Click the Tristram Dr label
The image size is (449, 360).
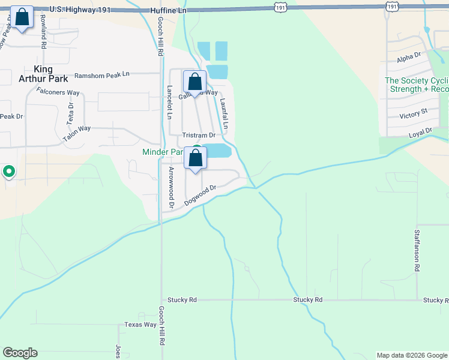tap(199, 136)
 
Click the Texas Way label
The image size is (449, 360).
tap(140, 325)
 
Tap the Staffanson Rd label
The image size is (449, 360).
tap(415, 251)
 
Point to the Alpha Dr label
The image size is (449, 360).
tap(409, 58)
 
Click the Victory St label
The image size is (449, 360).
tap(413, 112)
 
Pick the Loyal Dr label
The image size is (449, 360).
tap(420, 131)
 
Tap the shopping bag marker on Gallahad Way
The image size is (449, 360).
tap(194, 82)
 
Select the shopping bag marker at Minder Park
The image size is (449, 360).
tap(195, 158)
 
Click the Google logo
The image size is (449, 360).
tap(20, 353)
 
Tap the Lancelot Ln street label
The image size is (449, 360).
tap(169, 103)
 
